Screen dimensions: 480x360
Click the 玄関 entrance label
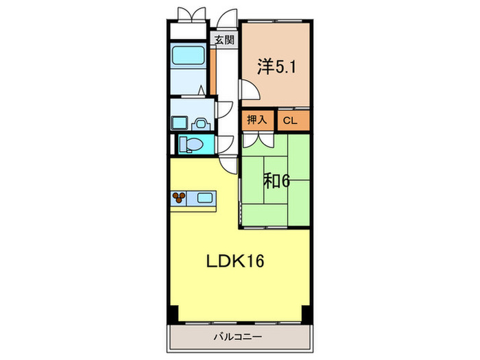225,40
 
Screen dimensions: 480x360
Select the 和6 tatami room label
276,181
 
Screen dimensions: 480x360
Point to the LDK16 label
235,261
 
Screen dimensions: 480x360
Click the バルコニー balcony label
238,337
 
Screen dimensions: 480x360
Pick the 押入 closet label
256,120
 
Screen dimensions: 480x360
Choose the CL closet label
290,121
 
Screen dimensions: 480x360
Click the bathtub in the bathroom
188,56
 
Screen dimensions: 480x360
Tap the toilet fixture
191,144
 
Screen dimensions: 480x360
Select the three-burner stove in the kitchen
178,197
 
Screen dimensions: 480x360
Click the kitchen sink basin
204,197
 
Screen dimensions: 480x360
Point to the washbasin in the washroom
200,124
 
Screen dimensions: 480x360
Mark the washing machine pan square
179,123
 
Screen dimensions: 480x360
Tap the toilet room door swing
225,144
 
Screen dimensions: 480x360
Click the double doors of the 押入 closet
258,140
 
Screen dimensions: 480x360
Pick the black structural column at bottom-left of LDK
172,314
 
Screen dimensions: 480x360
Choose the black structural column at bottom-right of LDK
307,314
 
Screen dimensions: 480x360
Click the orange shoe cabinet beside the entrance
213,71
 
